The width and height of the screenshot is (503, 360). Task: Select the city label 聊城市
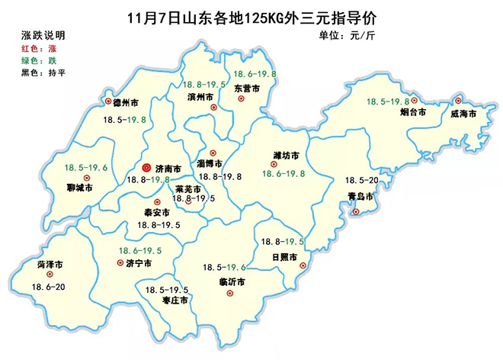click(x=78, y=187)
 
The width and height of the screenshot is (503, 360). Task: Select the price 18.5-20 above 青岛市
click(x=362, y=181)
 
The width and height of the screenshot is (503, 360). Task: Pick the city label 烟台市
click(x=412, y=113)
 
